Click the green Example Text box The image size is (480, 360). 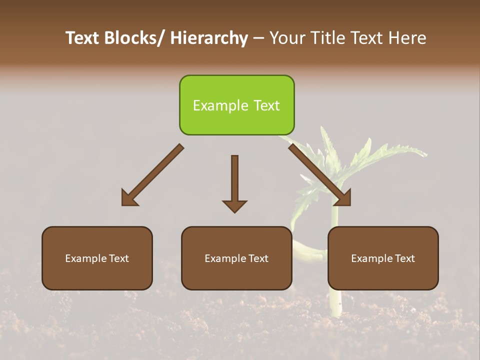pyautogui.click(x=236, y=105)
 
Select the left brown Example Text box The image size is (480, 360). pyautogui.click(x=97, y=258)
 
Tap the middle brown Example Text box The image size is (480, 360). pyautogui.click(x=236, y=258)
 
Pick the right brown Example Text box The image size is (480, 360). pyautogui.click(x=383, y=258)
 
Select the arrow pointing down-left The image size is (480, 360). pyautogui.click(x=152, y=175)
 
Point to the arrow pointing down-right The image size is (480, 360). pyautogui.click(x=320, y=175)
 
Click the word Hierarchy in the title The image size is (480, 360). pyautogui.click(x=209, y=38)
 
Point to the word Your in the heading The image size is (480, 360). pyautogui.click(x=287, y=38)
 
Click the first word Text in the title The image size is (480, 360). pyautogui.click(x=82, y=38)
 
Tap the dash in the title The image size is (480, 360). pyautogui.click(x=258, y=39)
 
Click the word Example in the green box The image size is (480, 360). pyautogui.click(x=220, y=105)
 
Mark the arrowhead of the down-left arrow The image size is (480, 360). pyautogui.click(x=129, y=198)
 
